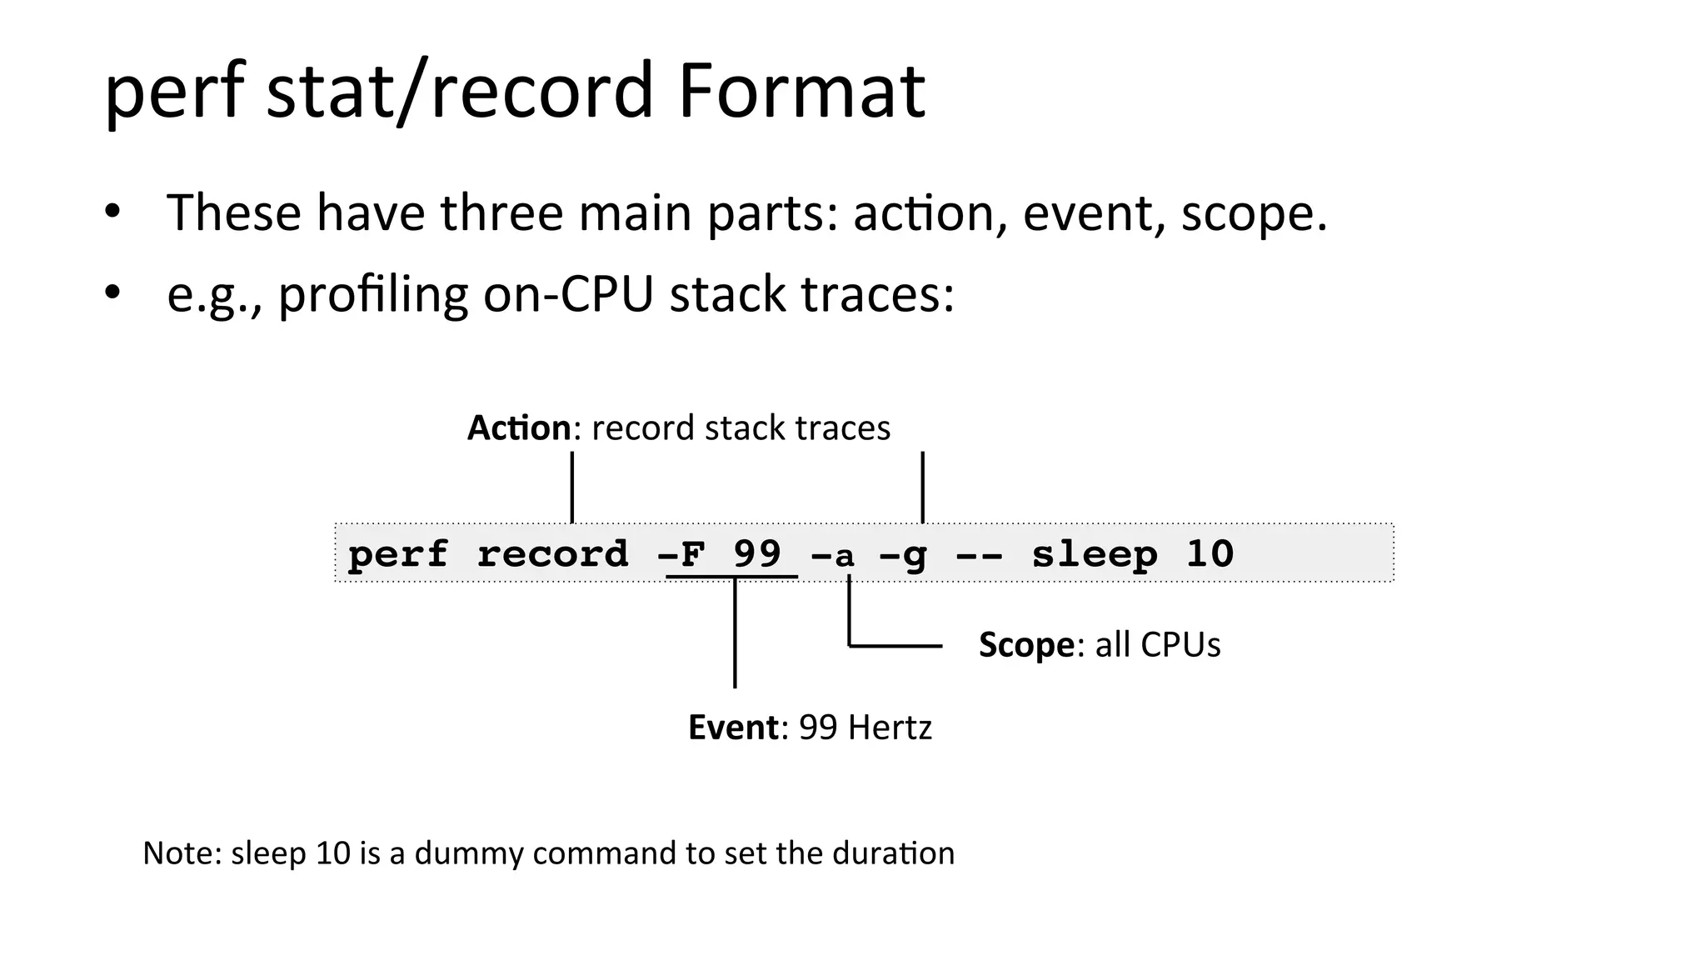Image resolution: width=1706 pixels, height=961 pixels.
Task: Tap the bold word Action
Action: pos(519,428)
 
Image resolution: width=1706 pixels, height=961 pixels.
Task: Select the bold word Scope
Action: pos(1026,644)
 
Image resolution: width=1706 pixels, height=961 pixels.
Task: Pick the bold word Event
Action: pos(733,727)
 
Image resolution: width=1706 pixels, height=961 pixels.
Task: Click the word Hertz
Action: pos(888,727)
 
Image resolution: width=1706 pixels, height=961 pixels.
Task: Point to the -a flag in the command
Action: pos(834,555)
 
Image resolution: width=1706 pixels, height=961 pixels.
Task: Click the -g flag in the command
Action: pos(903,555)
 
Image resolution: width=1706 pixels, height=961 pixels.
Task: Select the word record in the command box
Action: pos(552,554)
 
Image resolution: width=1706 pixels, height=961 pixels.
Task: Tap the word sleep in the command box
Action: pos(1095,554)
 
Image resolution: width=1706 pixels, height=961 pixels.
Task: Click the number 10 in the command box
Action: pos(1210,554)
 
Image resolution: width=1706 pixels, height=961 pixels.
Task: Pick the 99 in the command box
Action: pos(757,553)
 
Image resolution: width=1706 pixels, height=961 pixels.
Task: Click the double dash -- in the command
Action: pos(979,555)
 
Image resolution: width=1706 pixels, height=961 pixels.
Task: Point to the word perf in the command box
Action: pos(397,555)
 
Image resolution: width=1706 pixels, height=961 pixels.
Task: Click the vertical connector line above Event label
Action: pos(735,633)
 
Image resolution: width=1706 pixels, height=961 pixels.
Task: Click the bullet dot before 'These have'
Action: pos(112,211)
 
